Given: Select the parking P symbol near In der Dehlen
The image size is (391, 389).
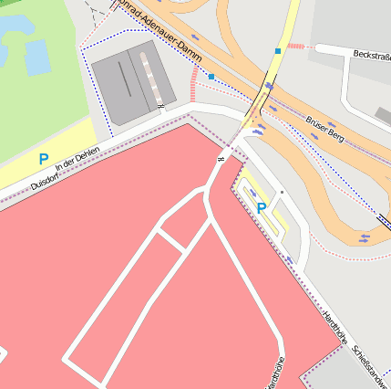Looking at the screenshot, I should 43,159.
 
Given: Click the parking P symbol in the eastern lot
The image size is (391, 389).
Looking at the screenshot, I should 262,207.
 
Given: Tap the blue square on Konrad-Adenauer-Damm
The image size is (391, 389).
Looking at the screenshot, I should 211,78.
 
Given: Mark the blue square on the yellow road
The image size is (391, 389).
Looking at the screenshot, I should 278,51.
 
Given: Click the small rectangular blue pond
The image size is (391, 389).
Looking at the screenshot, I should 37,58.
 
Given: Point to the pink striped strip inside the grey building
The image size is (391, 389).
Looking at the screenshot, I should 154,74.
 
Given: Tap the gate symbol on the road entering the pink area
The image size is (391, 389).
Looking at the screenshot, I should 220,162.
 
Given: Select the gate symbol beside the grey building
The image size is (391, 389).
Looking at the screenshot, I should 160,108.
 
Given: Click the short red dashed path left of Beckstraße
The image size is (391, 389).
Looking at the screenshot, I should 298,46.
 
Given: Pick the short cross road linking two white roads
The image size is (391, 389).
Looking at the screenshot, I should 170,239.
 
